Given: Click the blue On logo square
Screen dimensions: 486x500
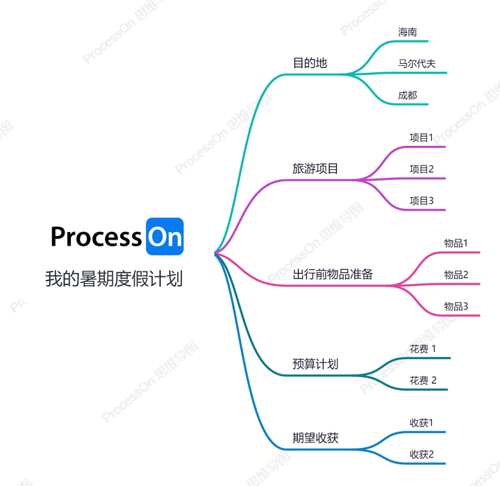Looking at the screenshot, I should click(165, 237).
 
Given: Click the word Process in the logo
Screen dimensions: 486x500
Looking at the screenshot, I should click(96, 237).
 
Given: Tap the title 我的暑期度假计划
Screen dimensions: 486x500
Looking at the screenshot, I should click(114, 279).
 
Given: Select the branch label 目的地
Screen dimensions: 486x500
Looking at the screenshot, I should click(310, 63).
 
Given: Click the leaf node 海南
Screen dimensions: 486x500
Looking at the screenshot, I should click(408, 33).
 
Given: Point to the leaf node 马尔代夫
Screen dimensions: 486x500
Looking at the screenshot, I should click(417, 64).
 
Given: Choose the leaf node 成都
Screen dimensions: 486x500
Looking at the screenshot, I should click(408, 95).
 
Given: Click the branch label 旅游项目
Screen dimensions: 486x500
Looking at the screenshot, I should click(315, 169).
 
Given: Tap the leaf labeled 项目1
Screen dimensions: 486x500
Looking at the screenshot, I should click(421, 137).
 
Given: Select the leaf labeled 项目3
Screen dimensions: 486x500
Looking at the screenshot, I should click(421, 201).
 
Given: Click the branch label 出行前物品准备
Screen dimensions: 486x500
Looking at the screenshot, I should click(333, 274).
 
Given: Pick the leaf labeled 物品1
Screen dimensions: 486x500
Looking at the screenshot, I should click(456, 243).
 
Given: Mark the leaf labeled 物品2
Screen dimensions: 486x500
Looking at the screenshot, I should click(456, 274).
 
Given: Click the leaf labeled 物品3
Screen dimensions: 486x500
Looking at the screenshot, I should click(456, 306).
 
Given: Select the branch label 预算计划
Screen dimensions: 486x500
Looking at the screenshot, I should click(315, 364).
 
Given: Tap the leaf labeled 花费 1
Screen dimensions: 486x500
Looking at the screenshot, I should click(423, 349).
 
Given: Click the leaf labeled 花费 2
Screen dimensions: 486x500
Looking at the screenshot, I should click(423, 380).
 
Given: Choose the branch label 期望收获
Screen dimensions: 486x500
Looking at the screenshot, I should click(315, 438).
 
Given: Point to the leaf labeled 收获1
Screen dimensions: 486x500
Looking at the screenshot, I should click(421, 422).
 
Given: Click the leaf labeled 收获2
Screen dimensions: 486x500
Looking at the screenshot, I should click(421, 454).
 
